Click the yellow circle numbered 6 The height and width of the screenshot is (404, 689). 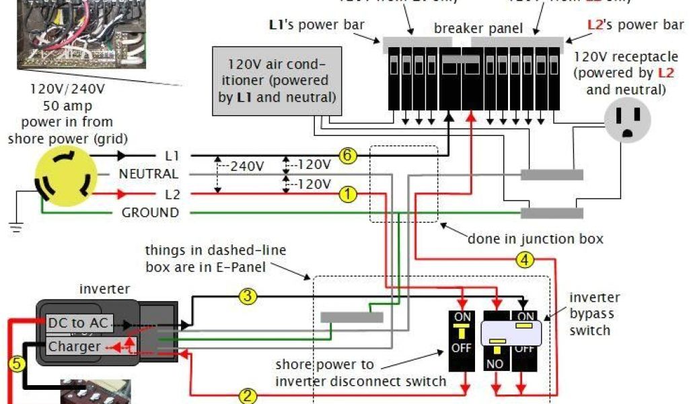click(x=347, y=156)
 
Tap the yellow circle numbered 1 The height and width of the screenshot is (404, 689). click(x=347, y=195)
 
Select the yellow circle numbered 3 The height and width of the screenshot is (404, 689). click(x=248, y=296)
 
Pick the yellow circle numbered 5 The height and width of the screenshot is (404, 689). click(x=17, y=364)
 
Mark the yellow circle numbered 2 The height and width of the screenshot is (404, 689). click(x=248, y=396)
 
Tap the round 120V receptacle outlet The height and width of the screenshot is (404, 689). click(x=626, y=120)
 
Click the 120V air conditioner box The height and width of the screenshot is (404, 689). click(x=276, y=80)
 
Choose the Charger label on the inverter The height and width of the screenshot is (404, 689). click(x=74, y=347)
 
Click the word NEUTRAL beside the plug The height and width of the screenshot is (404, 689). click(x=149, y=174)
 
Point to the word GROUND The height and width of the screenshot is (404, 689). click(x=150, y=213)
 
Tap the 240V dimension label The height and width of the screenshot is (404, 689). click(x=246, y=166)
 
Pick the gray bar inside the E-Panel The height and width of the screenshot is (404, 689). click(x=351, y=317)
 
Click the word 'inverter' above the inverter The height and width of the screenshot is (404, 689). click(x=104, y=289)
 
